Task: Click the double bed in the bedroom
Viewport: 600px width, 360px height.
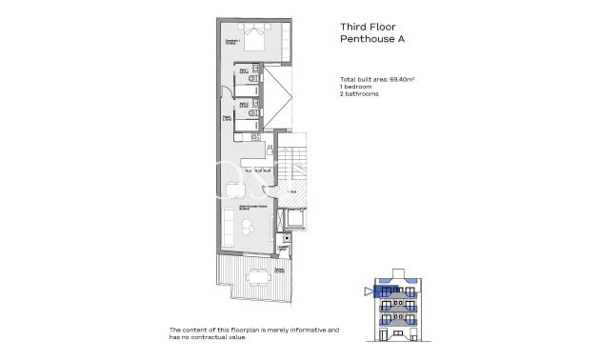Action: pyautogui.click(x=255, y=38)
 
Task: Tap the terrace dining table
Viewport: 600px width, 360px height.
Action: pyautogui.click(x=256, y=278)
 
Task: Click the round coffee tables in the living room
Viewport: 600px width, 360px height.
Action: pyautogui.click(x=249, y=225)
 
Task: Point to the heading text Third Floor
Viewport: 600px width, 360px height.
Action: pyautogui.click(x=370, y=28)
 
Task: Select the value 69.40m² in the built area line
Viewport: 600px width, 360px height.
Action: pyautogui.click(x=409, y=79)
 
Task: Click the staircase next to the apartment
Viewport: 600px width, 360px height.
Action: pyautogui.click(x=296, y=167)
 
